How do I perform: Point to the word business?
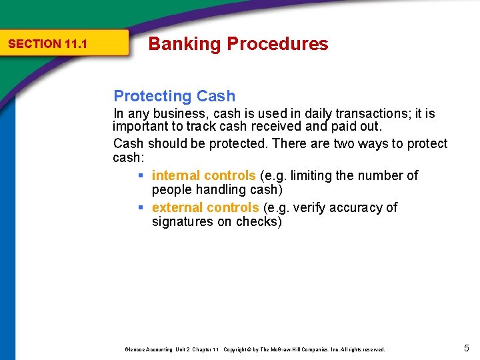(x=179, y=114)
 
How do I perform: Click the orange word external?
(x=177, y=207)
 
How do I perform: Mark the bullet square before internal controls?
(x=141, y=176)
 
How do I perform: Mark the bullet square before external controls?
(x=141, y=208)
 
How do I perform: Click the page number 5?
(x=467, y=347)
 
